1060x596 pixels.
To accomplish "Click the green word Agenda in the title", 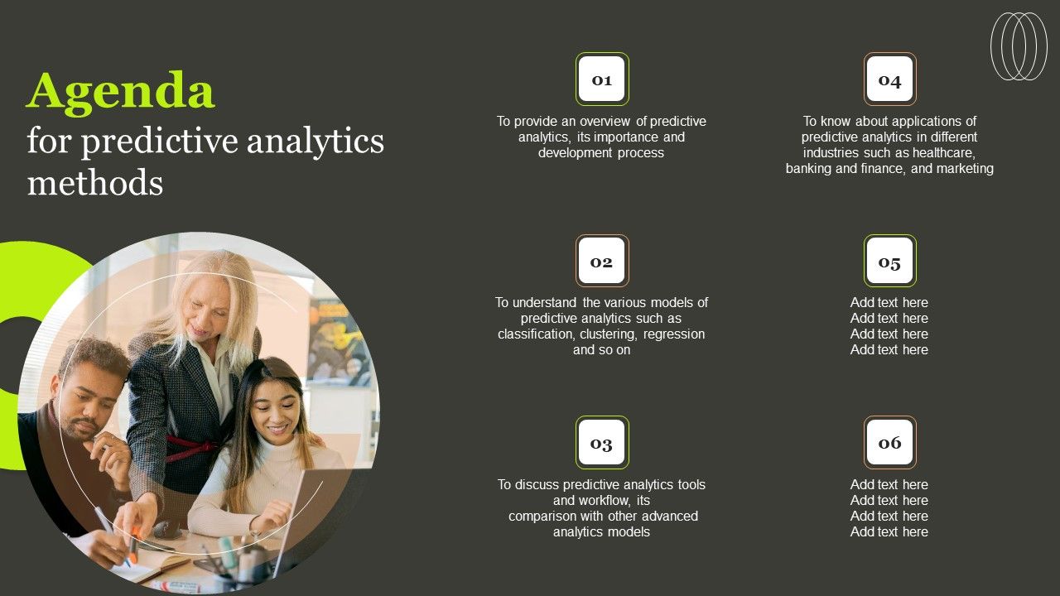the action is (x=121, y=92).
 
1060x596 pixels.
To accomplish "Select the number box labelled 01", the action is (x=602, y=79).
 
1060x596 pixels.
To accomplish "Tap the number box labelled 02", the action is (x=602, y=261).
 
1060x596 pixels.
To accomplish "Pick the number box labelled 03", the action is (x=602, y=442).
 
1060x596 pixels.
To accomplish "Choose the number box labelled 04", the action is (x=889, y=79).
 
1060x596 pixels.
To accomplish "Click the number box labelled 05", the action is (x=889, y=261).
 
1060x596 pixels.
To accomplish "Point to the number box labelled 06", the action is (x=889, y=442).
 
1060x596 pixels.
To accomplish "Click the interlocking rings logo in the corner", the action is (x=1019, y=46).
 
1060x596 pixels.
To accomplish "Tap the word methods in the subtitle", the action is (x=95, y=183).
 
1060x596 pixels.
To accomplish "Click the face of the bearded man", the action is (x=89, y=402).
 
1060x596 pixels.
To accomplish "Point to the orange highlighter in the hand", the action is (x=134, y=545).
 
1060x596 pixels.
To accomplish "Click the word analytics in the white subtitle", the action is (x=316, y=142).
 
